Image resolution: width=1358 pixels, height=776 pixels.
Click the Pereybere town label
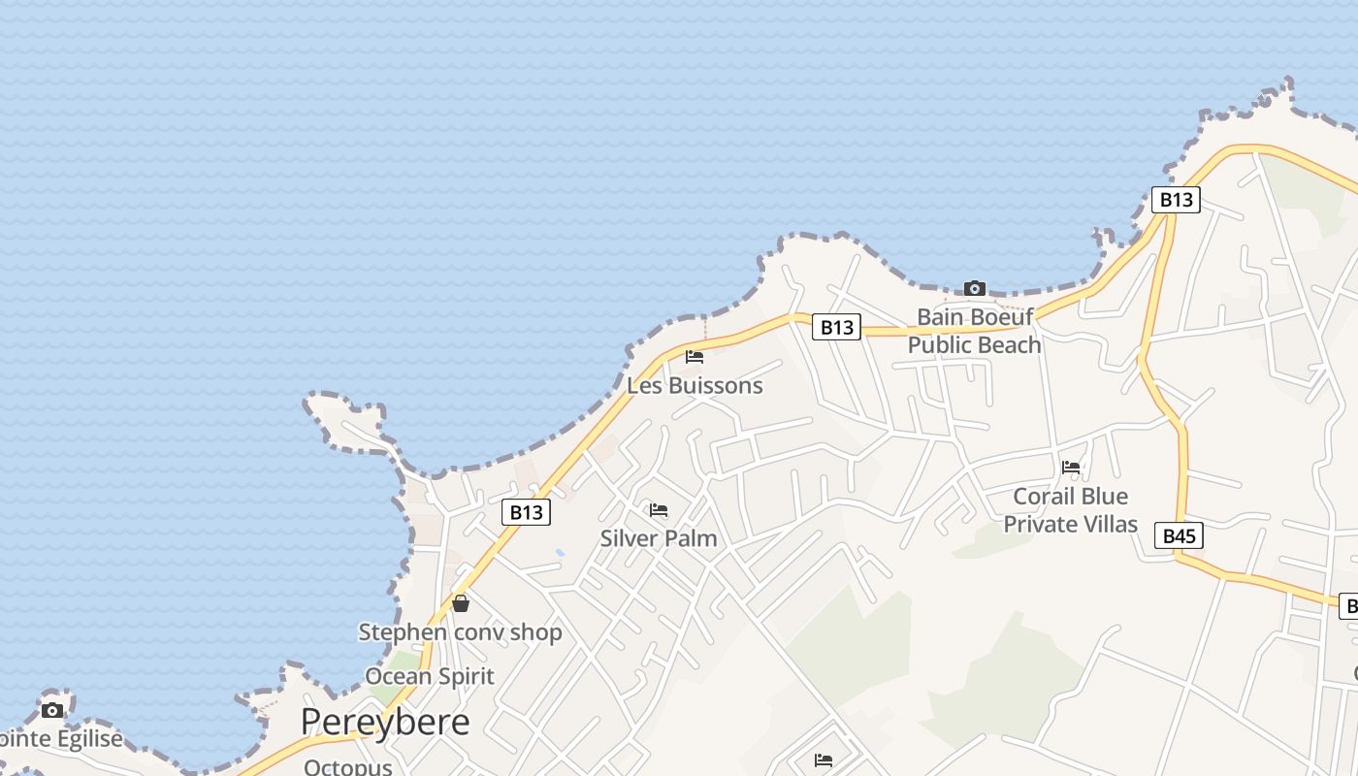point(385,722)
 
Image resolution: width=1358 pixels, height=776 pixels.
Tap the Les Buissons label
point(695,385)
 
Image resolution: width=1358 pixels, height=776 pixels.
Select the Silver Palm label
point(659,537)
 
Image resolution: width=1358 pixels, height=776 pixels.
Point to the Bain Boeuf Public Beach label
point(975,331)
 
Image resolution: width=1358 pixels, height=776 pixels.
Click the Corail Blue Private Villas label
point(1070,510)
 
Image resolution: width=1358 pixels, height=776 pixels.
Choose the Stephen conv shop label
point(460,632)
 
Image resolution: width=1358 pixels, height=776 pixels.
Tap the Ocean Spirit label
point(430,676)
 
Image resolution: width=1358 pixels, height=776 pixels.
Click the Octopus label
point(347,766)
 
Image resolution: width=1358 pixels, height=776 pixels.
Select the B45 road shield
point(1179,535)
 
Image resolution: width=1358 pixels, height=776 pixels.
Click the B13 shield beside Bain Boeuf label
point(836,327)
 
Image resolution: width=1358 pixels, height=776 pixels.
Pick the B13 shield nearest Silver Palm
point(526,512)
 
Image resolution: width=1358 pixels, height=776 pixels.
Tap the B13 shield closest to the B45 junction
point(1176,200)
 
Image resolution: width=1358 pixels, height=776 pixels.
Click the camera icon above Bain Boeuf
point(975,288)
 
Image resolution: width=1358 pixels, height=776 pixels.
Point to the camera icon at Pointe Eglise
point(52,710)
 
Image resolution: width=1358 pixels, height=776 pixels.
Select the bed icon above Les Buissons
point(695,357)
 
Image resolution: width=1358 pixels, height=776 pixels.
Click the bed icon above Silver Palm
point(659,509)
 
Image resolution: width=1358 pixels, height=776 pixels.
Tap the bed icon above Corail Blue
point(1071,467)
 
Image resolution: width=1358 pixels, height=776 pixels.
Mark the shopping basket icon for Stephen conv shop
point(461,603)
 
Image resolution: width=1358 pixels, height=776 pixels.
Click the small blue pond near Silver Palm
point(560,553)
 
